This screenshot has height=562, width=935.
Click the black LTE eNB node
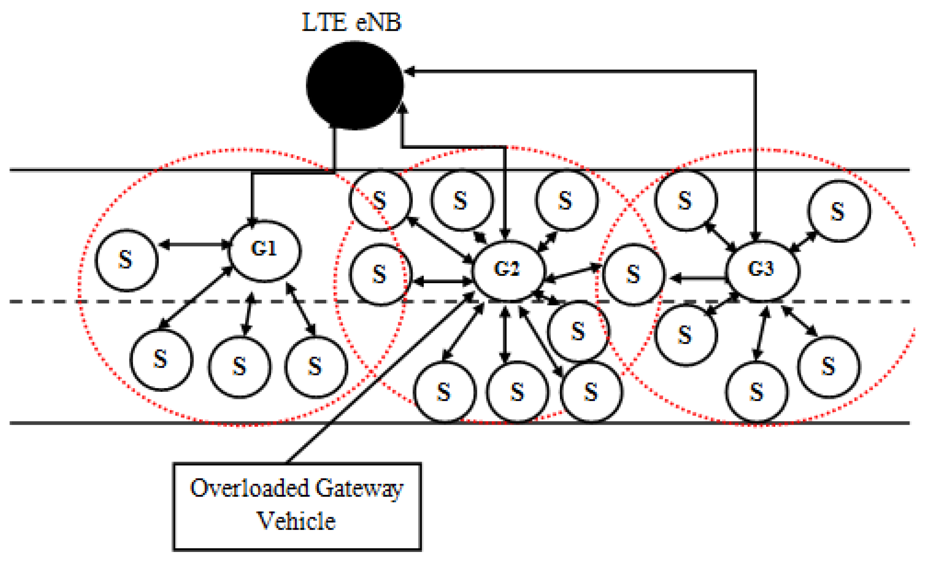click(x=355, y=86)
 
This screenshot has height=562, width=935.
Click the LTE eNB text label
click(x=351, y=22)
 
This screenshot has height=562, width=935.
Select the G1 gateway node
click(x=264, y=251)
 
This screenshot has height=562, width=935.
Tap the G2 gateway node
click(x=508, y=270)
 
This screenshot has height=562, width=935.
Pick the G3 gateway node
click(x=762, y=270)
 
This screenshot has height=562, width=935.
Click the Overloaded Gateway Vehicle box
click(x=297, y=506)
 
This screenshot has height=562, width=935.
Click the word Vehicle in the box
click(x=296, y=522)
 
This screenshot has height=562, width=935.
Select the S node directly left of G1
click(x=126, y=260)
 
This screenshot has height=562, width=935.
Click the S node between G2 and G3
click(x=633, y=274)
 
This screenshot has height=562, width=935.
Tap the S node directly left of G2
click(x=380, y=274)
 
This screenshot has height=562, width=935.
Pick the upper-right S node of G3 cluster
click(x=839, y=211)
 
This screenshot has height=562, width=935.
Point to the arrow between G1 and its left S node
click(x=195, y=245)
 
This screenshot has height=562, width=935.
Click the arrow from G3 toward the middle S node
click(x=699, y=279)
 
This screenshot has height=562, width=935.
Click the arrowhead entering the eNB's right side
click(x=410, y=71)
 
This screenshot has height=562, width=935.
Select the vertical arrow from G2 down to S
click(x=505, y=335)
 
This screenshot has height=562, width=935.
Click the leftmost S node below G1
click(x=161, y=359)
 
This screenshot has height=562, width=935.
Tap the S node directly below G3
click(x=757, y=391)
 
